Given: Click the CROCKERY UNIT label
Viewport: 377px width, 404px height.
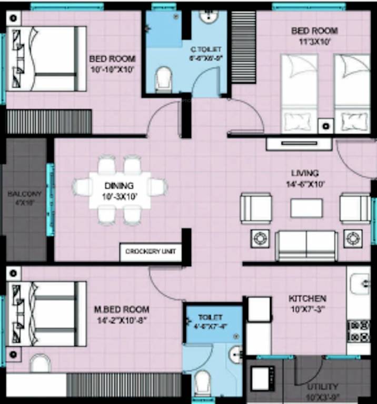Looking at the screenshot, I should point(150,252).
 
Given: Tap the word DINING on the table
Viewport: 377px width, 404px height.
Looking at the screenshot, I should point(119,186).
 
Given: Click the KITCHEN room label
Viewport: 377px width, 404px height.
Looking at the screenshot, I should point(307,298).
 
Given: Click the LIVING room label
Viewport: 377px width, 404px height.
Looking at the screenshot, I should point(305,173).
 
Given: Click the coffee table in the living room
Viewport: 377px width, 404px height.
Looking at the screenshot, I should point(306,208).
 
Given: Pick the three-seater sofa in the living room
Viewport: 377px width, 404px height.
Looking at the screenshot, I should point(306,246).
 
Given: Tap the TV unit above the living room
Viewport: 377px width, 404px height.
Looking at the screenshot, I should point(299,144).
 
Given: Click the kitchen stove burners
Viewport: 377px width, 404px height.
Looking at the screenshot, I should point(359,331).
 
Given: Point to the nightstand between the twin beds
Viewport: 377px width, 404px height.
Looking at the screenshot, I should point(326,126).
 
